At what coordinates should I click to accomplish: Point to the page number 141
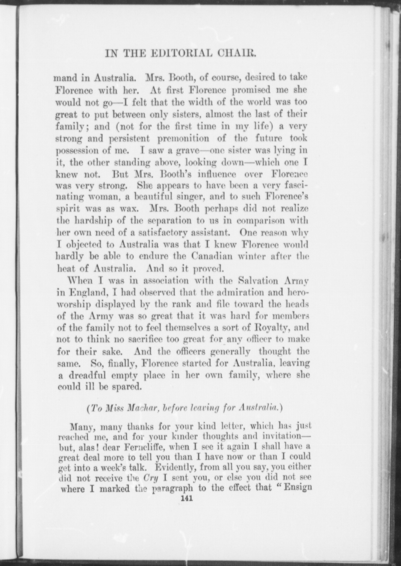click(x=185, y=498)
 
